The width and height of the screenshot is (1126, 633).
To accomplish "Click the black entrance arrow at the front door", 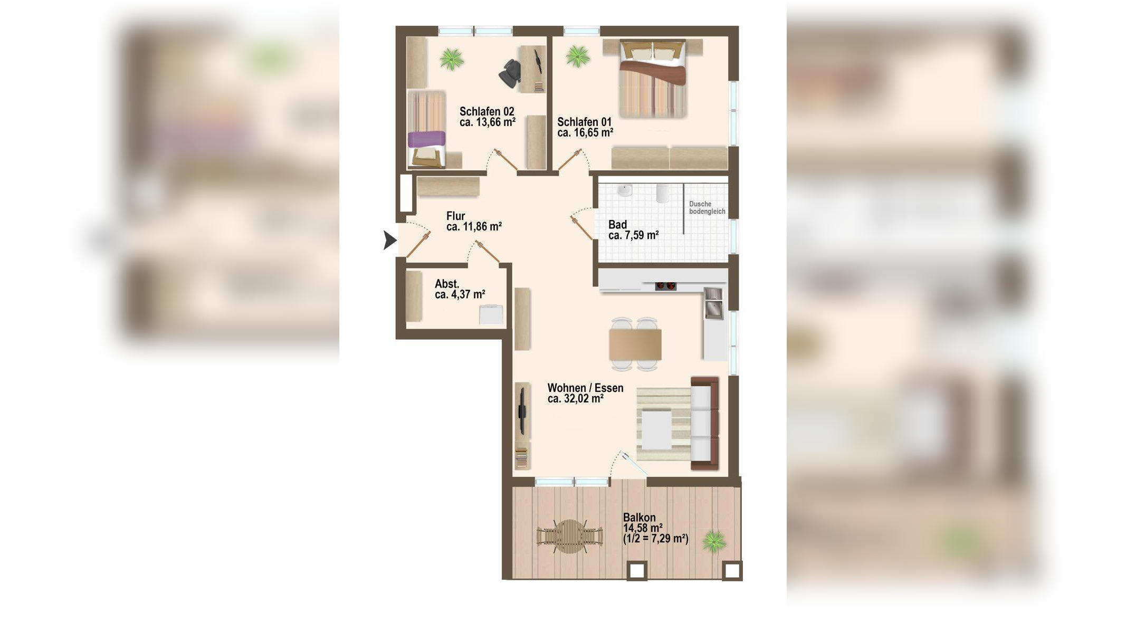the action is tap(389, 240).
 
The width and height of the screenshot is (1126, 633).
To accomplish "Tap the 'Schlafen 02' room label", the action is tap(486, 111).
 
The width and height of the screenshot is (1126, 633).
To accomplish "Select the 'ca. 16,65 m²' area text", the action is tap(585, 132).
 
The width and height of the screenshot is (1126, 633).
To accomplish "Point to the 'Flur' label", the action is tap(455, 216).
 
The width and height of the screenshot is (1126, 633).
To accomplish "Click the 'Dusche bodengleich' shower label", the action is tap(707, 207).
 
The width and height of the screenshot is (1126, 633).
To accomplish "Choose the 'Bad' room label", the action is tap(617, 224).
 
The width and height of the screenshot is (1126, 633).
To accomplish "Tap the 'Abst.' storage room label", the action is tap(447, 284).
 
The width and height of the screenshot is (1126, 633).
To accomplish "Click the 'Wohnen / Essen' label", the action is tap(585, 388).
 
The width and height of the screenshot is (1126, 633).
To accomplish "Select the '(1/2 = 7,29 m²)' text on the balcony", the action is tap(655, 539).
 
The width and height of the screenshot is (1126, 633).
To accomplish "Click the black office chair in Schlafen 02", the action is tap(509, 73).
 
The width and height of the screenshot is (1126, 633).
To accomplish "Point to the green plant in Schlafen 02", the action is tap(452, 59).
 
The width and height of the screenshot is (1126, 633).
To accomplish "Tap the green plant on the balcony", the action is tap(714, 542).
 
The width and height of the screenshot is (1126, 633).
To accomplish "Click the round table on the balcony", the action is tap(569, 536).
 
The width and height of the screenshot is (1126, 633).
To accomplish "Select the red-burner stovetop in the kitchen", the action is tap(665, 286).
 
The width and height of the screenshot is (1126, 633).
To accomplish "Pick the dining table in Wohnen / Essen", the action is tap(635, 344).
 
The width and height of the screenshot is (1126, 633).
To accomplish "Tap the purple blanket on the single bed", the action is tap(427, 139).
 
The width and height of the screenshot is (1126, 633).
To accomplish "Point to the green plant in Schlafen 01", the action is tap(578, 56).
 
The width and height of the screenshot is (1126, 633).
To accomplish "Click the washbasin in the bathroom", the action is tap(625, 190).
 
